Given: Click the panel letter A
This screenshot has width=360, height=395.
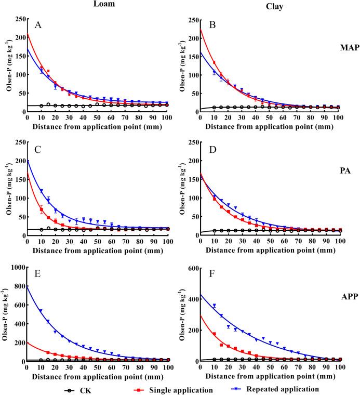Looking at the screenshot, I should point(37,25).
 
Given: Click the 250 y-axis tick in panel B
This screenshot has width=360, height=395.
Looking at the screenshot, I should point(191,20).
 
